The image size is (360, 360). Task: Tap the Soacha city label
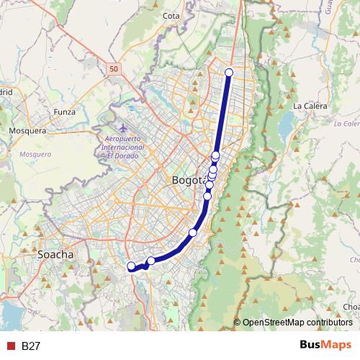coord(55,255)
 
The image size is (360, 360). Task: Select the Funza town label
coord(64,112)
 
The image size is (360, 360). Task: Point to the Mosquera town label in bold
coord(27,131)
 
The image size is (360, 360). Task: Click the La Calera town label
coord(310,106)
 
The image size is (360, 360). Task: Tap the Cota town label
coord(171,15)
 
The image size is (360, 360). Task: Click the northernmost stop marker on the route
coord(230,72)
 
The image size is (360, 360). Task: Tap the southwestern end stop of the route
coord(131,266)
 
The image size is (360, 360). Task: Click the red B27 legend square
coord(10,346)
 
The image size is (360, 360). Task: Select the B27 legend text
coord(30,346)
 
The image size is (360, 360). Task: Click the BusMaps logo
coord(325,346)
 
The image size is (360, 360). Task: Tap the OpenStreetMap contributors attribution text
coord(297,323)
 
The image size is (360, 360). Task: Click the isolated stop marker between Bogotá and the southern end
coord(192,232)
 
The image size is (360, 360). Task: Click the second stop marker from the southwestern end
coord(151,261)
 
